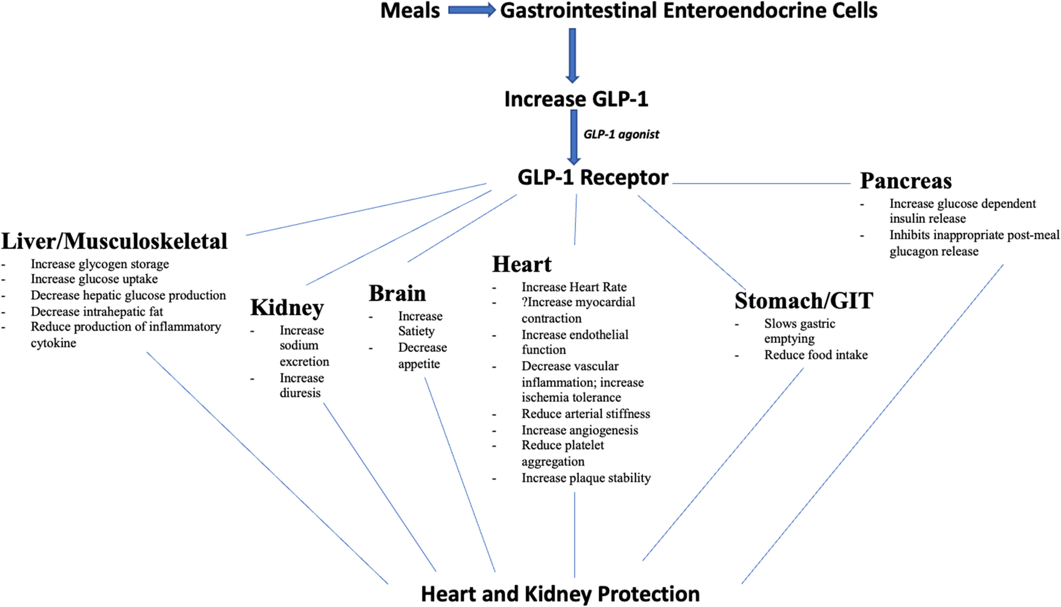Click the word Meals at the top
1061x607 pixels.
410,11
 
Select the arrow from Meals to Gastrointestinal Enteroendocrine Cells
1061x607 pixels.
471,10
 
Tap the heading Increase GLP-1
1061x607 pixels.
576,99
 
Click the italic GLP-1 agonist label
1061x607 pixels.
621,135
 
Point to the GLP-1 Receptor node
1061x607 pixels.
593,178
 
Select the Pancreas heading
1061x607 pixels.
906,181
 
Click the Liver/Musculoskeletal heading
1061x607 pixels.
115,241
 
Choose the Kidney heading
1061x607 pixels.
287,308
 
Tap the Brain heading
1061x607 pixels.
397,293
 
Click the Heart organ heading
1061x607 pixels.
522,264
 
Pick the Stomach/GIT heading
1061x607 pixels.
803,301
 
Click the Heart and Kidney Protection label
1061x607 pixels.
560,594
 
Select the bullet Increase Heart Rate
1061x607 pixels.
574,287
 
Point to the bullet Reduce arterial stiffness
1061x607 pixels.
586,414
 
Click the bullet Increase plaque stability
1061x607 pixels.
586,478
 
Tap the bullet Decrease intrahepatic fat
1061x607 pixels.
97,312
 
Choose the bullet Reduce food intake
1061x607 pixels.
816,355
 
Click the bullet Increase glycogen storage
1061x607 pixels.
100,264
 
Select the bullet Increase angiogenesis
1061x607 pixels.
580,430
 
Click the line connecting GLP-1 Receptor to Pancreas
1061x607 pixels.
761,183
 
